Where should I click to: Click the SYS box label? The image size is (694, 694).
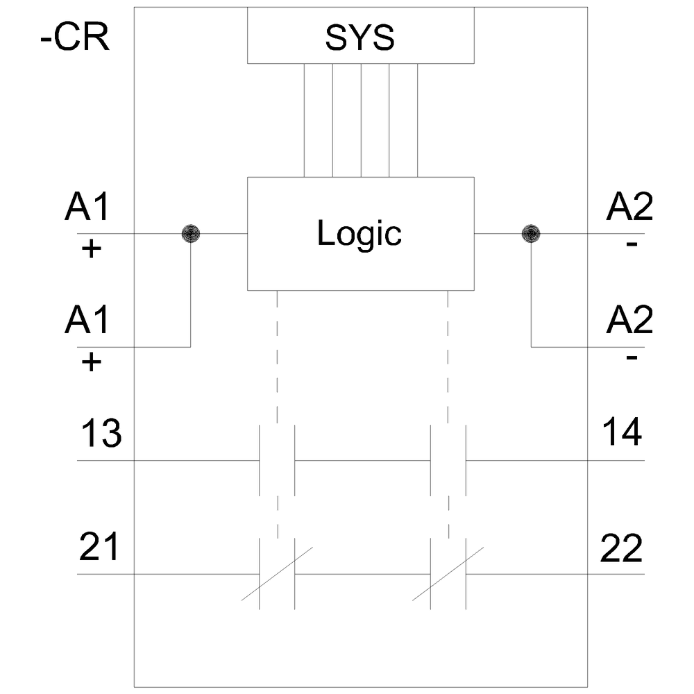tap(359, 40)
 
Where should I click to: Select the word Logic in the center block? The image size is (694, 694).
tap(359, 234)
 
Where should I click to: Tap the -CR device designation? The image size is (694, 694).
tap(75, 39)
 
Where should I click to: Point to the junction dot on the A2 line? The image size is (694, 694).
tap(531, 234)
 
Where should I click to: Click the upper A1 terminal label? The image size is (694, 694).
tap(87, 208)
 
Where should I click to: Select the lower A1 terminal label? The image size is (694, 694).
tap(87, 321)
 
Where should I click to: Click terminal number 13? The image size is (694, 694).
tap(101, 434)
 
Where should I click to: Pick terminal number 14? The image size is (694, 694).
tap(621, 434)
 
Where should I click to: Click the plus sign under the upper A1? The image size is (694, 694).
tap(90, 248)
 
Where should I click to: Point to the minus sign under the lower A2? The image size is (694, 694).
tap(631, 358)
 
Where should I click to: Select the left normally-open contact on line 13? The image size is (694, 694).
tap(277, 460)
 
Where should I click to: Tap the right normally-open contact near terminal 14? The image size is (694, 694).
tap(448, 460)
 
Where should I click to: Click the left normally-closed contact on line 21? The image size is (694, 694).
tap(277, 574)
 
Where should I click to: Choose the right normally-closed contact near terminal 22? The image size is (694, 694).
tap(448, 574)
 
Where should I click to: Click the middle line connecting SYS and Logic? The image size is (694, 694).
tap(361, 120)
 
